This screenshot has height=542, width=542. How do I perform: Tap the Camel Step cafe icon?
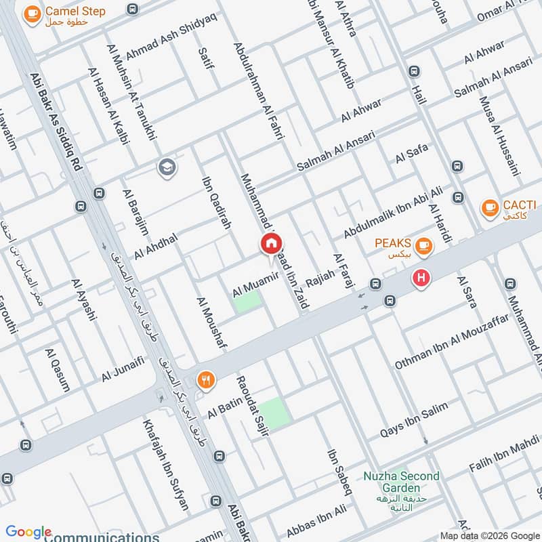(x=30, y=14)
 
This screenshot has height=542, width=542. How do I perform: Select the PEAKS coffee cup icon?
(x=424, y=245)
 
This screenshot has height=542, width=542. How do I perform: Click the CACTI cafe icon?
(x=488, y=209)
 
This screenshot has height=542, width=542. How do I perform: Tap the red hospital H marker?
(x=421, y=278)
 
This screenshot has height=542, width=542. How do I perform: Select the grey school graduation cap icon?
(x=166, y=167)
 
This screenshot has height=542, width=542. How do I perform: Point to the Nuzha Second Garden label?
(x=400, y=482)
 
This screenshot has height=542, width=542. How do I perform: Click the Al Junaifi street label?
(x=123, y=369)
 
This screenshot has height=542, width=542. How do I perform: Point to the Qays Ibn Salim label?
(x=414, y=419)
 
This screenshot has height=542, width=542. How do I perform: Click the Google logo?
(x=28, y=532)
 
